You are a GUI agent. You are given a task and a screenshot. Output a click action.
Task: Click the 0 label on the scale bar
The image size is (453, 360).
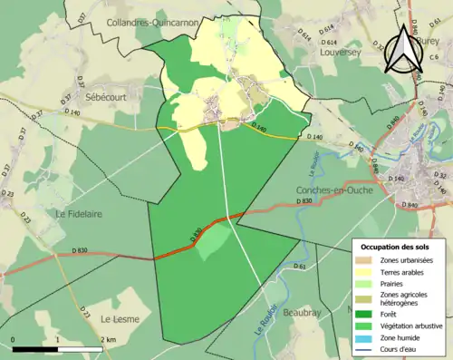14,339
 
